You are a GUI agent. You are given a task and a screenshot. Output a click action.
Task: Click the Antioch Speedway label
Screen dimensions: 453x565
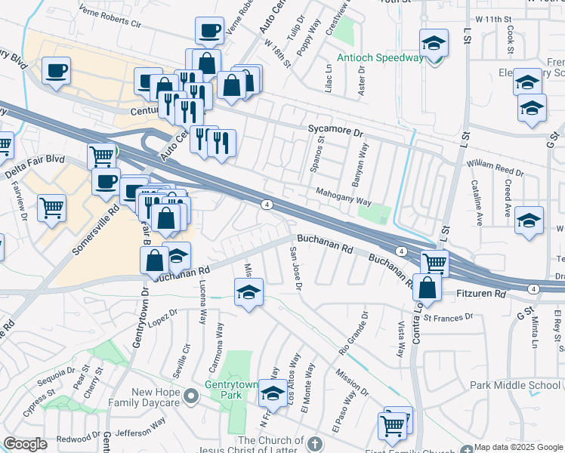380,58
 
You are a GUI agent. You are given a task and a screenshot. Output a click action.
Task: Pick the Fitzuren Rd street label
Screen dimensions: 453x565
480,292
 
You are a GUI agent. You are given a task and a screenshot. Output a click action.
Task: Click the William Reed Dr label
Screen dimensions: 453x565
494,163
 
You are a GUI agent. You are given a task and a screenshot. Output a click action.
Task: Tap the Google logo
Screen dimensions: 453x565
25,444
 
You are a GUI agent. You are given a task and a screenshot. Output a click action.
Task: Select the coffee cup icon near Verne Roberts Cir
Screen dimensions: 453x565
209,31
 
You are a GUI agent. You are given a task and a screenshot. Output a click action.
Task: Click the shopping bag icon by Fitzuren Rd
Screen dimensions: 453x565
427,288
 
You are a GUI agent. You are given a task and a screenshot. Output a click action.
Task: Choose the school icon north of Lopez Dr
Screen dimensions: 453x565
248,291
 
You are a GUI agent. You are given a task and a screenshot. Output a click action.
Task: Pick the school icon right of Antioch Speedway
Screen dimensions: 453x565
434,43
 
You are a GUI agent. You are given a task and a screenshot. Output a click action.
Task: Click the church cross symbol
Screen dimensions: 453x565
314,442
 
